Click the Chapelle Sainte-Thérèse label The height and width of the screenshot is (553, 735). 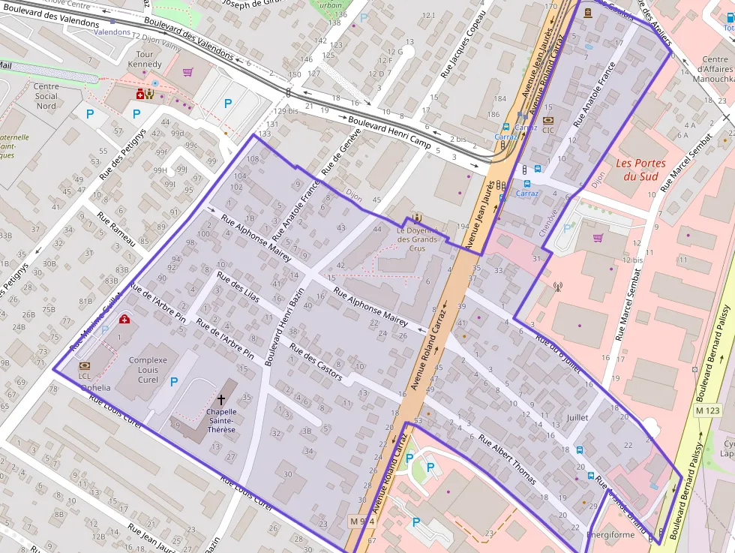tap(221, 420)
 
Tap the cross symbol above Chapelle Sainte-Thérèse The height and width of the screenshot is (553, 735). tap(221, 399)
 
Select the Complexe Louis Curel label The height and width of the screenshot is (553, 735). tap(153, 370)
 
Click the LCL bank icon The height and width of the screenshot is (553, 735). tap(84, 365)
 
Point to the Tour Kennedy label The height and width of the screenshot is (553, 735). tap(144, 59)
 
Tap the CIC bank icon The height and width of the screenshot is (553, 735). tap(548, 119)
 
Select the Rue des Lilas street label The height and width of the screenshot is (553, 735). tap(238, 287)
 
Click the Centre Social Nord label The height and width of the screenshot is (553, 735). tap(46, 96)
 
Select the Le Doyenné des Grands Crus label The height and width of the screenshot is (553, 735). tap(417, 239)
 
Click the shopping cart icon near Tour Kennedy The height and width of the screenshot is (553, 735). tap(187, 72)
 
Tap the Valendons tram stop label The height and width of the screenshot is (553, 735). tap(112, 32)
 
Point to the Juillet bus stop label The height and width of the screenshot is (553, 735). tap(577, 417)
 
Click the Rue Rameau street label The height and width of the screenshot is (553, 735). tap(116, 228)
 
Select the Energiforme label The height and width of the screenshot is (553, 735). tap(612, 536)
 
